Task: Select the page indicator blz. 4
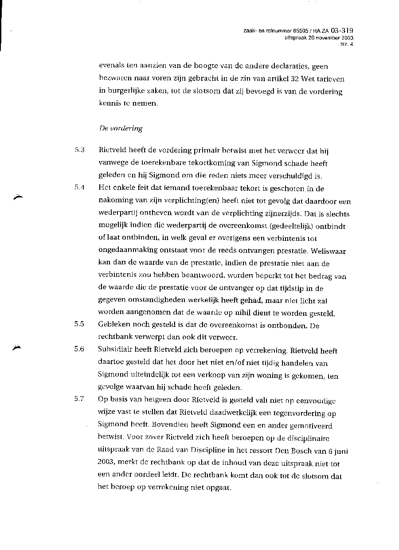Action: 346,44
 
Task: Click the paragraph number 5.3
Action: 80,150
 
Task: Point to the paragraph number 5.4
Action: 80,188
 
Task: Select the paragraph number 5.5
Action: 80,324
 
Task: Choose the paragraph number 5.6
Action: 80,349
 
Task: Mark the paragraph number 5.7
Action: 80,399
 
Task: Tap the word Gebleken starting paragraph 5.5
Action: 113,324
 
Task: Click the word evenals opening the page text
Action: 111,67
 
